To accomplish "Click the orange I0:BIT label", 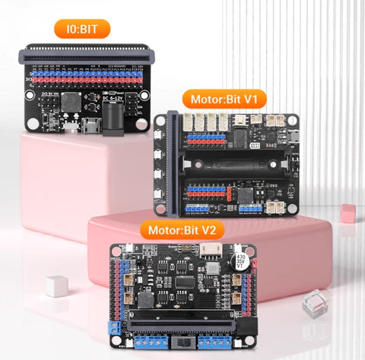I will pyautogui.click(x=82, y=30).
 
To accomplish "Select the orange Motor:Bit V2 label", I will pyautogui.click(x=185, y=229).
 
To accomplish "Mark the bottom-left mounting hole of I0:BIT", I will pyautogui.click(x=31, y=122).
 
